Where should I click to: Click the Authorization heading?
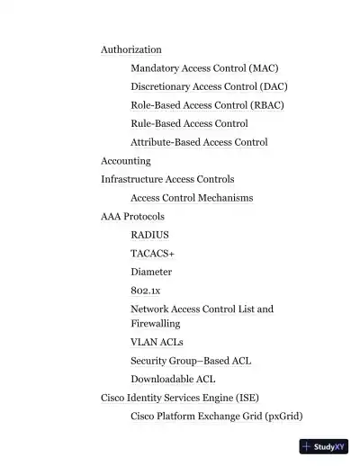pos(131,49)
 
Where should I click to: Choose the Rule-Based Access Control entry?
pos(189,123)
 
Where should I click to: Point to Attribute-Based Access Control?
pos(199,142)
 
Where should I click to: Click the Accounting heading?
pos(126,161)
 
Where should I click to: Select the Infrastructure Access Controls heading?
pos(167,179)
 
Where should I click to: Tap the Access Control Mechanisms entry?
pos(192,198)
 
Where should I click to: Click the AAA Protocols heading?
pos(132,217)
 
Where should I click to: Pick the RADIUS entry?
pos(149,235)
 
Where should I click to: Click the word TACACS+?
pos(152,254)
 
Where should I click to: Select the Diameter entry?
pos(151,272)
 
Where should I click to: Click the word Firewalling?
pos(156,323)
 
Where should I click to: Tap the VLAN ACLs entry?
pos(157,342)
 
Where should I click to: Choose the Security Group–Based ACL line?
pos(191,361)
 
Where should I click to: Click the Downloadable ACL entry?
pos(173,379)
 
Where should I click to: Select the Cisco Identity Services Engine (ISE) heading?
pos(180,398)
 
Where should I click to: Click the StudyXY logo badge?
pos(323,446)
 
